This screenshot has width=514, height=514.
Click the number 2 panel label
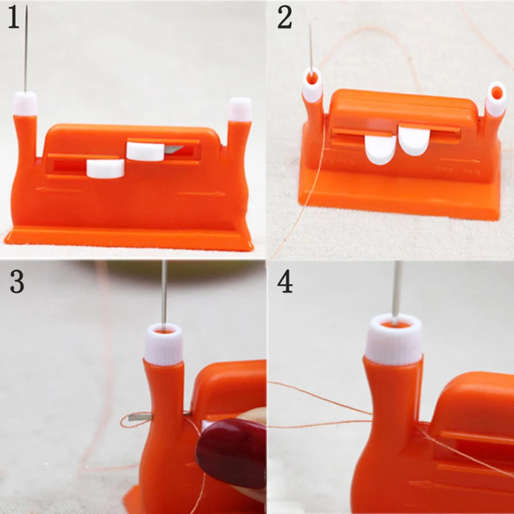[285, 18]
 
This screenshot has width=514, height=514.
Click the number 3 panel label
[16, 281]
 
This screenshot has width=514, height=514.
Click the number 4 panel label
[285, 281]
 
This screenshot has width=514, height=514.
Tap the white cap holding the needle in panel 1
[26, 104]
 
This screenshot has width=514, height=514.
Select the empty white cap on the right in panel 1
[239, 109]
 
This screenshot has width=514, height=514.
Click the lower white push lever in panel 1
[105, 168]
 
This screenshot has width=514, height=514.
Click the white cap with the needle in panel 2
[312, 87]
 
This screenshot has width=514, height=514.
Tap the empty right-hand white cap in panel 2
[496, 100]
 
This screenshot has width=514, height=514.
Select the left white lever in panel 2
[380, 148]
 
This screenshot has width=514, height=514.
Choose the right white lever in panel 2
[414, 140]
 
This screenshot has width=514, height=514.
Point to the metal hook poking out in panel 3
[136, 421]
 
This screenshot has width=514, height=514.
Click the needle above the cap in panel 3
[164, 294]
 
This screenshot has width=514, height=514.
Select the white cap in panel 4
[394, 339]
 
